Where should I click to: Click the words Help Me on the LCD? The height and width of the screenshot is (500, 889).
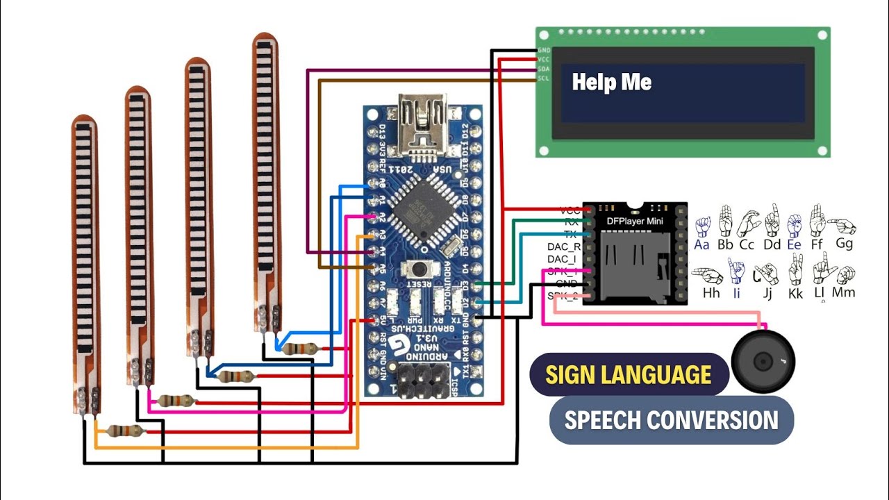point(611,83)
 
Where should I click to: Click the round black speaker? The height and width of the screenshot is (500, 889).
point(763,362)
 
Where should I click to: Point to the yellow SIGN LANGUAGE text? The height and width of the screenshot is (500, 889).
point(628,375)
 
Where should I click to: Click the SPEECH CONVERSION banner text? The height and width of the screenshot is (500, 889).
point(671,420)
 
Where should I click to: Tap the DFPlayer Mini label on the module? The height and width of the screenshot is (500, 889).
point(635,222)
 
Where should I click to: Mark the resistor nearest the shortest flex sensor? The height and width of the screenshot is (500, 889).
point(127,431)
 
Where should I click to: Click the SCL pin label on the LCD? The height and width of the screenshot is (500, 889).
point(543,78)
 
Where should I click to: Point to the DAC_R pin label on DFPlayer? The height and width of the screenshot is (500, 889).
point(564,247)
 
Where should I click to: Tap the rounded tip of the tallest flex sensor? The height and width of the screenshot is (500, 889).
point(265,39)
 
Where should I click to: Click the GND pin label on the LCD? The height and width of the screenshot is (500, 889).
point(543,51)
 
